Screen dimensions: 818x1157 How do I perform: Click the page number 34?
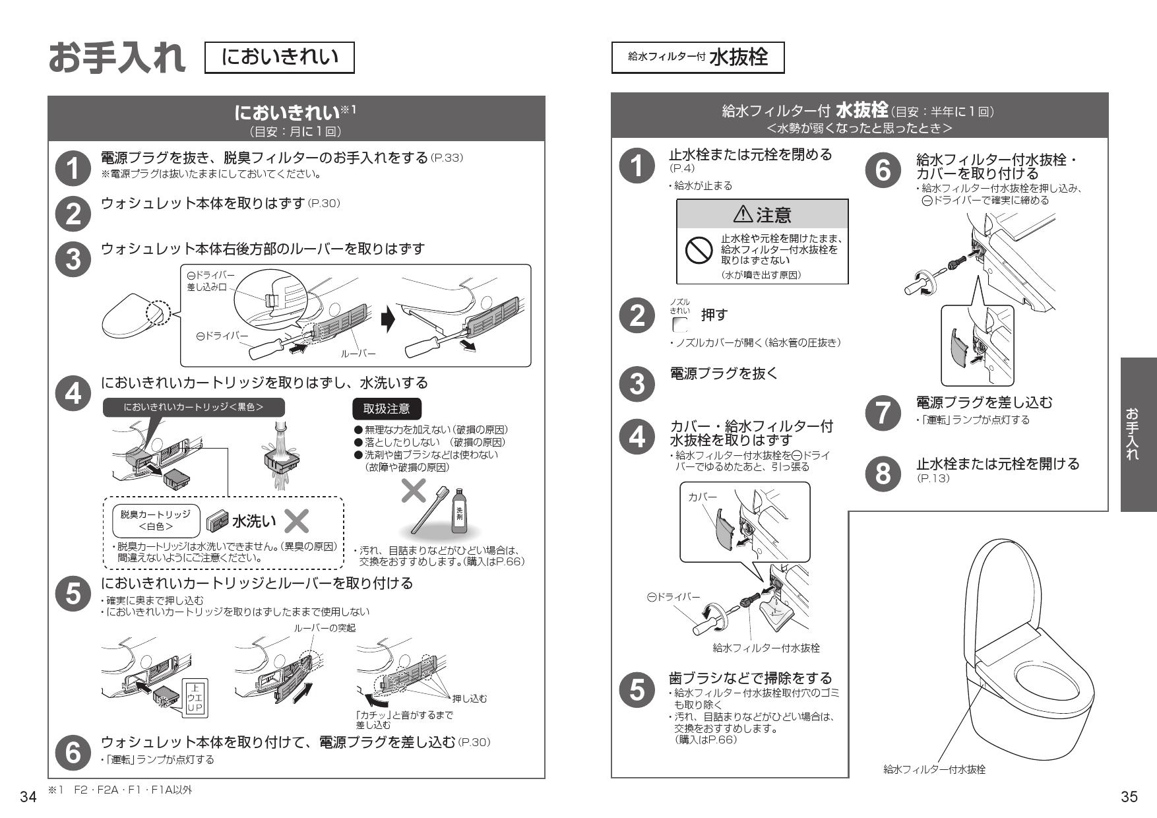pos(28,798)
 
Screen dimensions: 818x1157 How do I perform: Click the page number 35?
pos(1129,797)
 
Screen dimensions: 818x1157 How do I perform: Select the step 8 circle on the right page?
pos(882,472)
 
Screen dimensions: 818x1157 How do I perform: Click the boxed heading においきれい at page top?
pos(280,57)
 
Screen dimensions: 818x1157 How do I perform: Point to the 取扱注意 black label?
pos(387,409)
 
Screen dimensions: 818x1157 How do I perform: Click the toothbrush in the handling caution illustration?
pos(430,509)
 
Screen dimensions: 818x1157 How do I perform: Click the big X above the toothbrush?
pos(414,491)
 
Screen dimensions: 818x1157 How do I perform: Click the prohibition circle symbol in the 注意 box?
pos(698,251)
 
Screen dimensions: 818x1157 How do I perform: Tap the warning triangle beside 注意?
pos(742,214)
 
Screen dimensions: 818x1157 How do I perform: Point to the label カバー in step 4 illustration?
pos(702,497)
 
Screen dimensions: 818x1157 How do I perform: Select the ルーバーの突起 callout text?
pos(325,627)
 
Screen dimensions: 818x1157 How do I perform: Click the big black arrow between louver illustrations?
pos(388,320)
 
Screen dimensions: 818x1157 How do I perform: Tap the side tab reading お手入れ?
pos(1138,434)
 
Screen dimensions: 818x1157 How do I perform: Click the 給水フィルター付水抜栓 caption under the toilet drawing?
pos(934,769)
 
